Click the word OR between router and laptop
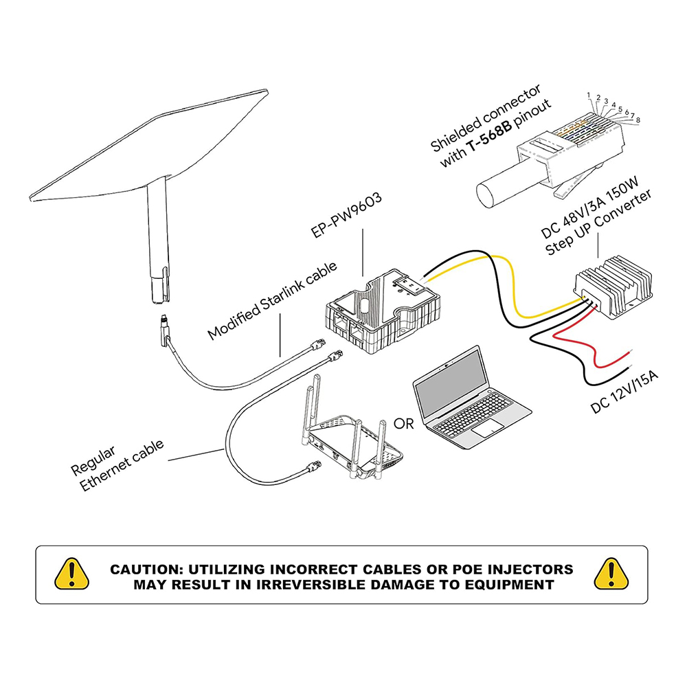tap(404, 423)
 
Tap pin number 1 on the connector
tap(589, 94)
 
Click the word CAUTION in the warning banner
tap(148, 570)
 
